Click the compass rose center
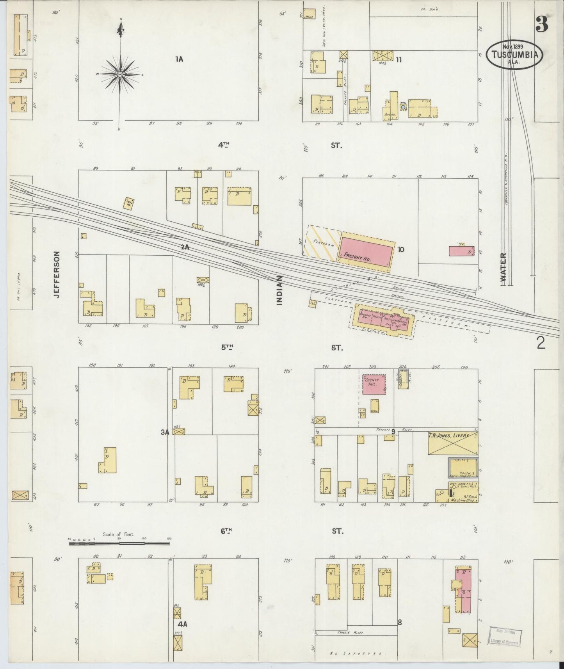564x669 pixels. click(x=120, y=74)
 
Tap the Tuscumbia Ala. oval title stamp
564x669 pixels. click(x=514, y=55)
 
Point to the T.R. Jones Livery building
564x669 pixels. click(x=453, y=443)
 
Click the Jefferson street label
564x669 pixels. click(x=57, y=275)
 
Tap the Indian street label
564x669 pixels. click(x=279, y=290)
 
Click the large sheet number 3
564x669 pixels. click(x=541, y=24)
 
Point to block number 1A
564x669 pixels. click(x=179, y=59)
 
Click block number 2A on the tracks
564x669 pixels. click(x=185, y=247)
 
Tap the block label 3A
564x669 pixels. click(x=165, y=432)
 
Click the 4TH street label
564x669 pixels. click(x=224, y=145)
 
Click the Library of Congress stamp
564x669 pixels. click(x=505, y=636)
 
